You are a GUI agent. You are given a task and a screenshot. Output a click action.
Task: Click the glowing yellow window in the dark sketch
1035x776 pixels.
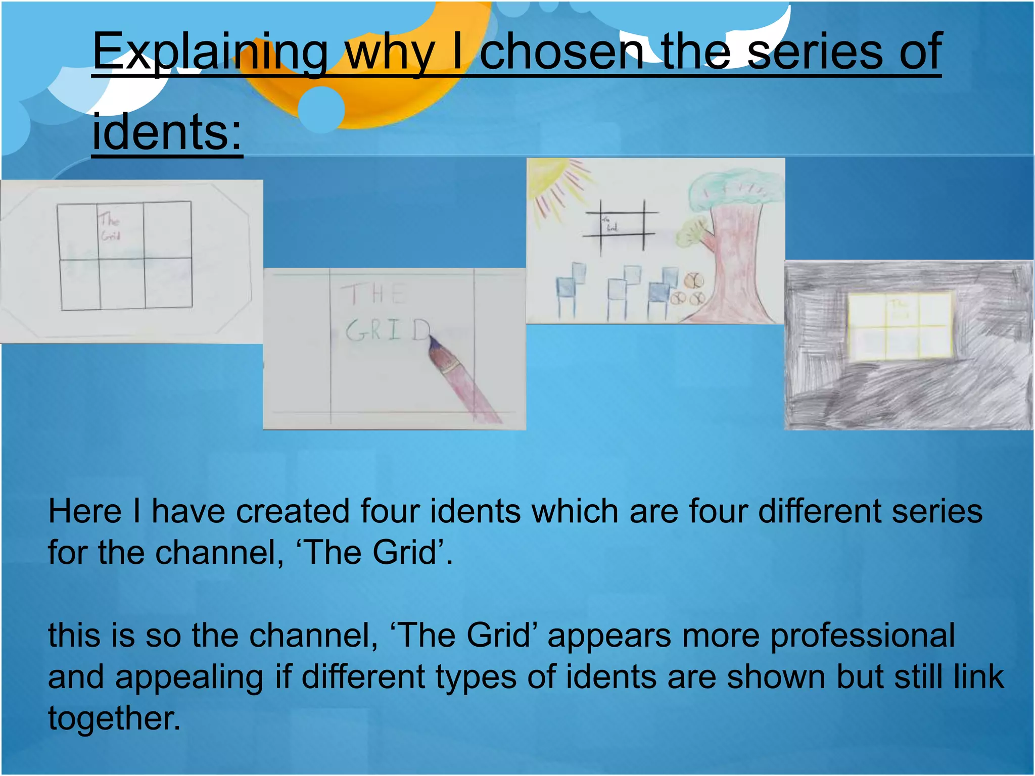900,327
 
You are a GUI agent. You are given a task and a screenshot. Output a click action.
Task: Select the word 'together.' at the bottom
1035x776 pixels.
114,718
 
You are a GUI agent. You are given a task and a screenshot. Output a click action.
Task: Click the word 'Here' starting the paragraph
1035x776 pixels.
85,511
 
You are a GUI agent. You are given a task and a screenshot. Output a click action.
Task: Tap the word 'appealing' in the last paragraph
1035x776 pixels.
189,677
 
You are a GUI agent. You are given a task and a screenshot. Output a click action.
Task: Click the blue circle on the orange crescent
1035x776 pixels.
321,109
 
